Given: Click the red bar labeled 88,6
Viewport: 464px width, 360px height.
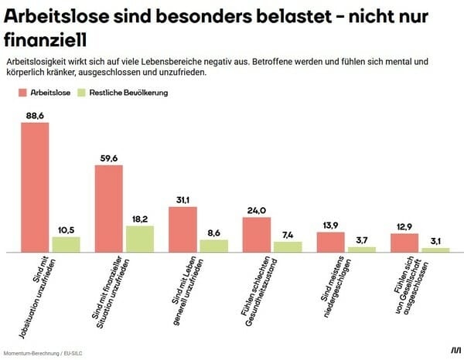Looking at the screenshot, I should pos(35,187).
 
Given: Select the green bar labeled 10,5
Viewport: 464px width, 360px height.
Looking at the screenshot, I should pos(66,244).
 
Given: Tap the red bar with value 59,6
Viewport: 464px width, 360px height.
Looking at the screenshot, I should pos(109,209).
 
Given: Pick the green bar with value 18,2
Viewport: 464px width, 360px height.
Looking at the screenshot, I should pos(140,239).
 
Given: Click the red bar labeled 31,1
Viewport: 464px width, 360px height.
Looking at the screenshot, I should pos(183,229).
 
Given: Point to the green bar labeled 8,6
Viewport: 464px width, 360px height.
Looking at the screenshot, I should pos(213,246).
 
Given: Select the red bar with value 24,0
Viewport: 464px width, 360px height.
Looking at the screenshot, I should pos(257,235).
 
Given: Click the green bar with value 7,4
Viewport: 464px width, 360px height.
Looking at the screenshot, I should pos(288,246).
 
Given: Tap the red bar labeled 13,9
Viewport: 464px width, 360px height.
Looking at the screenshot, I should pos(330,242).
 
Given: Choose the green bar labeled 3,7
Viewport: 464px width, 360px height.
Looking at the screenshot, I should pos(361,250).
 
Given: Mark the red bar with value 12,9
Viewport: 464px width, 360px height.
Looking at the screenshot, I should pos(404,243).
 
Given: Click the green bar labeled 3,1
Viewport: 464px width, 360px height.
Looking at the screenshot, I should pos(435,250).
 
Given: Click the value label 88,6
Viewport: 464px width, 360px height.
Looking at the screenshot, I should pos(35,115).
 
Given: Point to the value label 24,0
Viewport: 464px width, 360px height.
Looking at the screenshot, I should pos(257,209).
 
